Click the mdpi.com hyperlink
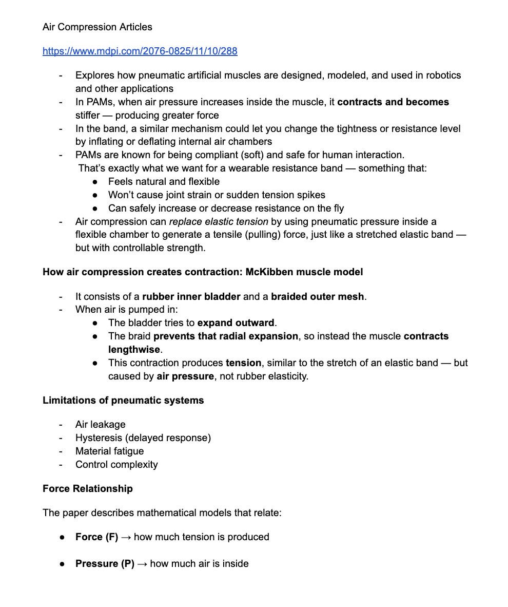pyautogui.click(x=140, y=51)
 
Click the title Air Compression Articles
pyautogui.click(x=97, y=27)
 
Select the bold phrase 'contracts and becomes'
pyautogui.click(x=393, y=102)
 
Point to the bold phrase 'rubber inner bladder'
pyautogui.click(x=191, y=296)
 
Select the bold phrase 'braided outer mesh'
pyautogui.click(x=318, y=296)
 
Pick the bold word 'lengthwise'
pyautogui.click(x=134, y=350)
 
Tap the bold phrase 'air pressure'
pyautogui.click(x=185, y=376)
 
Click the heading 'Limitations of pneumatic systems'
pyautogui.click(x=123, y=400)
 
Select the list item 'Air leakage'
pyautogui.click(x=100, y=424)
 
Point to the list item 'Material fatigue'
pyautogui.click(x=109, y=451)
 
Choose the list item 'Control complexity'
pyautogui.click(x=116, y=464)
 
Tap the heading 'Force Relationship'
pyautogui.click(x=88, y=488)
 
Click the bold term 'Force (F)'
pyautogui.click(x=96, y=537)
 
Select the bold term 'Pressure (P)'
pyautogui.click(x=105, y=563)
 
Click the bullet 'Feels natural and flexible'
pyautogui.click(x=164, y=181)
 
